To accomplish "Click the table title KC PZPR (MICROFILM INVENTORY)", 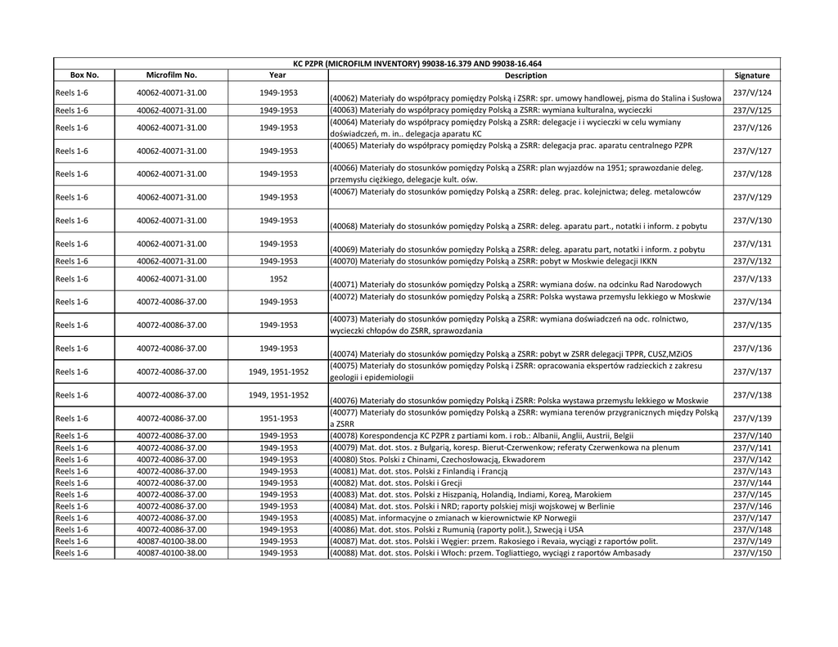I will pyautogui.click(x=417, y=64).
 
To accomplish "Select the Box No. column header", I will pyautogui.click(x=84, y=75).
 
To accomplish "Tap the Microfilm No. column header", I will pyautogui.click(x=171, y=75).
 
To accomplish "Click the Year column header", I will pyautogui.click(x=277, y=75).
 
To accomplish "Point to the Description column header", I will pyautogui.click(x=525, y=75).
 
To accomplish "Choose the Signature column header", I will pyautogui.click(x=752, y=75).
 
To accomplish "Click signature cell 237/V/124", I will pyautogui.click(x=752, y=92).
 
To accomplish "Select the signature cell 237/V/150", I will pyautogui.click(x=752, y=553).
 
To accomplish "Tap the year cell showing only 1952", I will pyautogui.click(x=278, y=279).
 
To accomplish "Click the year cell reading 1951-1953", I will pyautogui.click(x=278, y=418).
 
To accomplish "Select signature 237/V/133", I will pyautogui.click(x=752, y=279).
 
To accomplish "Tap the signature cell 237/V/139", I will pyautogui.click(x=752, y=418).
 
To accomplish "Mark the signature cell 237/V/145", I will pyautogui.click(x=752, y=495).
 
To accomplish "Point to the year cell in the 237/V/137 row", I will pyautogui.click(x=278, y=371).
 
